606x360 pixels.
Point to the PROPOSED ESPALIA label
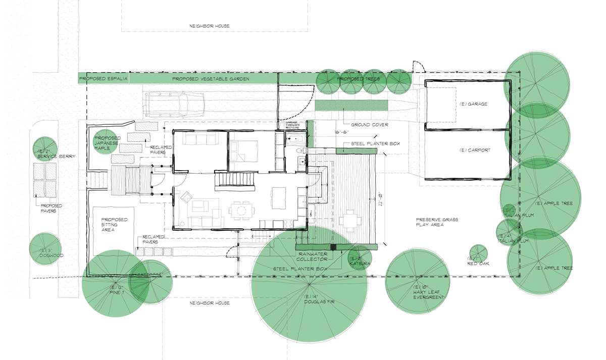(x=103, y=79)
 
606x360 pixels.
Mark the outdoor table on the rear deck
(x=350, y=220)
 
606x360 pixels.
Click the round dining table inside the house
(x=239, y=210)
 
